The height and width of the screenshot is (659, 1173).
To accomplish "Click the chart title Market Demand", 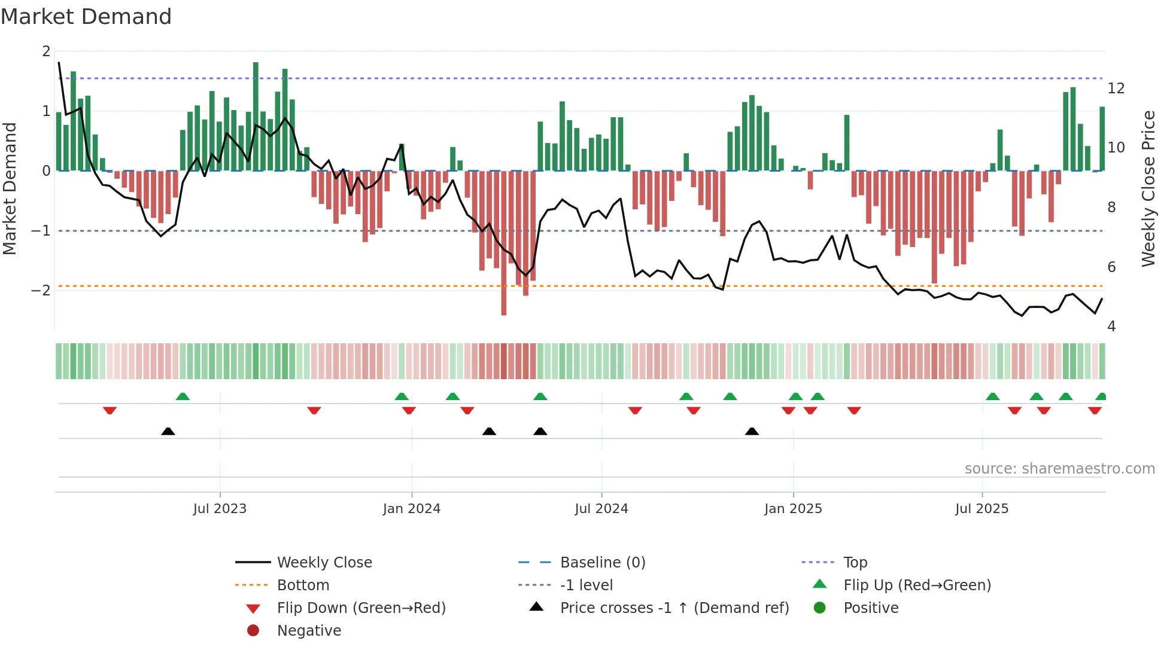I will click(x=86, y=17).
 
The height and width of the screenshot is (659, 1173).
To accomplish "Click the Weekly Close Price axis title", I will click(x=1148, y=188).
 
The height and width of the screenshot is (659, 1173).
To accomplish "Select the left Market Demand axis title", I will click(x=10, y=188).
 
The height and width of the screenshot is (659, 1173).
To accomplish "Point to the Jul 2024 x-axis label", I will click(x=601, y=509).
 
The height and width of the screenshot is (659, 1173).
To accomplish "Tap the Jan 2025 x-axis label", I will click(x=793, y=509).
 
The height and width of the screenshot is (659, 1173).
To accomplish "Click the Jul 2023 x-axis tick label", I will click(x=220, y=509).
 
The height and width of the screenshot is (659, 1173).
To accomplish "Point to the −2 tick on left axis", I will click(x=41, y=291).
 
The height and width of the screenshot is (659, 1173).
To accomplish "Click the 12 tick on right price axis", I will click(x=1116, y=89).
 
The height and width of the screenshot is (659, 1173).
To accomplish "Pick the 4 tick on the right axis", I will click(x=1111, y=327).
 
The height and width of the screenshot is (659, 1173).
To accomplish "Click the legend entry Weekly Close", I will click(x=324, y=563).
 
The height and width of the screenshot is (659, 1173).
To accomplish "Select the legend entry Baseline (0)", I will click(x=602, y=563).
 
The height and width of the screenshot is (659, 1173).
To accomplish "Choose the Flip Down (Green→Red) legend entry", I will click(x=361, y=608).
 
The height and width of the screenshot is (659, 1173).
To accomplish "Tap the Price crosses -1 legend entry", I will click(x=674, y=608).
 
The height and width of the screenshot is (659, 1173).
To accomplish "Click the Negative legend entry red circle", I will click(x=253, y=631).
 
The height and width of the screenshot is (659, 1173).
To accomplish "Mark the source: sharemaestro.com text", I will click(x=1059, y=469).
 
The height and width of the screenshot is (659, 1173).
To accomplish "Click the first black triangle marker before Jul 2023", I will click(x=168, y=432).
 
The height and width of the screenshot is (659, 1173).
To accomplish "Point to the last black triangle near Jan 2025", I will click(x=752, y=432).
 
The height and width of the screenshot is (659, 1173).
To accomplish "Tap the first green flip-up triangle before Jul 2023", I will click(x=183, y=396).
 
